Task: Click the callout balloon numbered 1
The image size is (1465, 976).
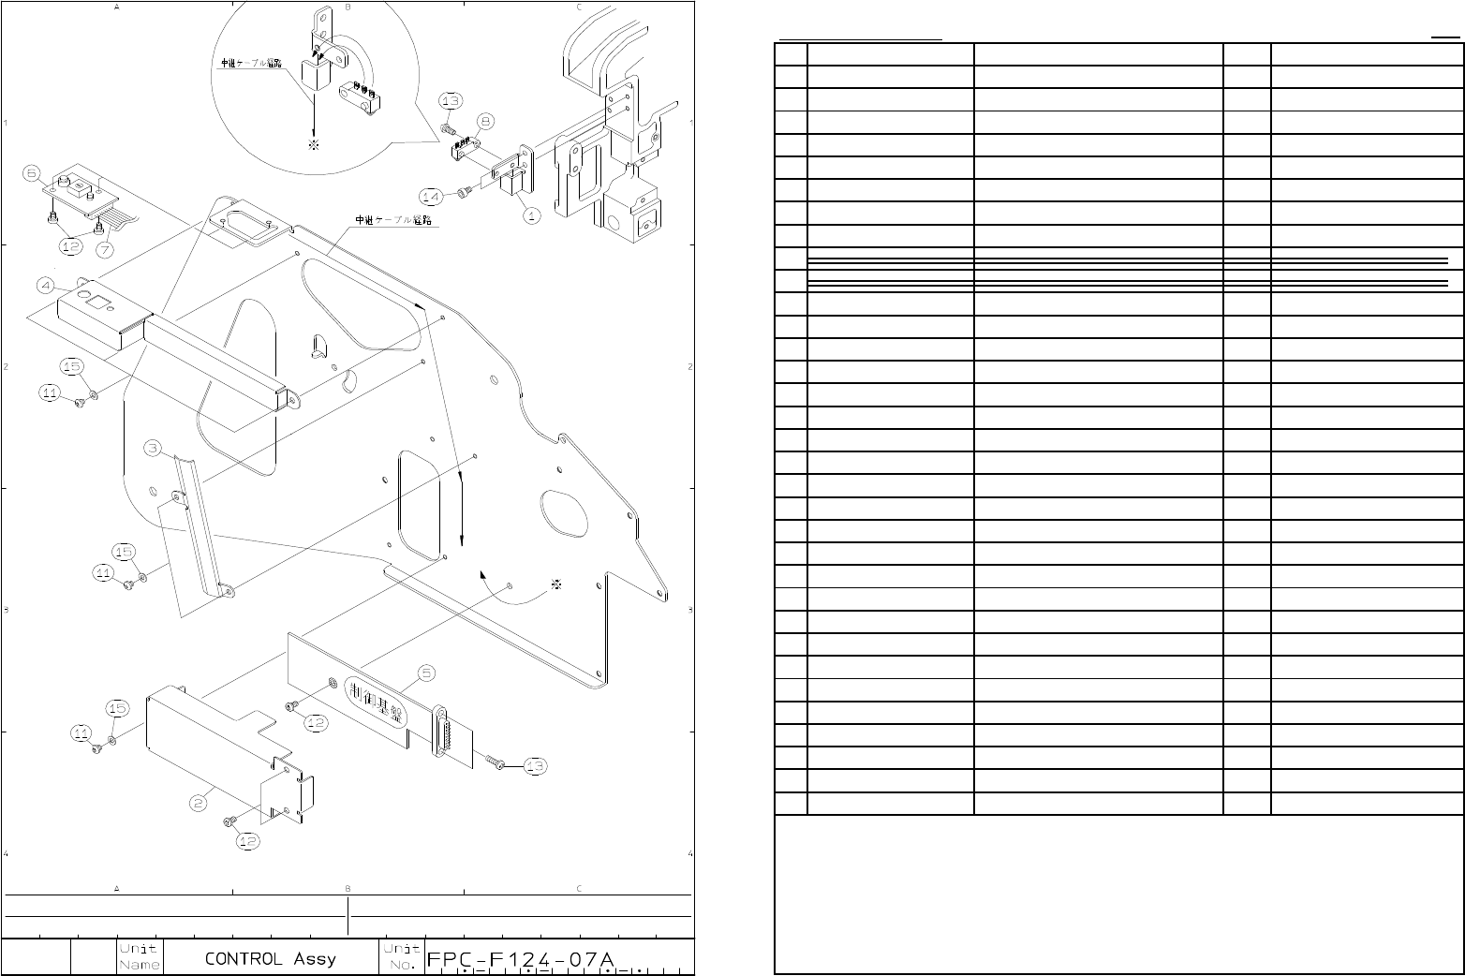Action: point(530,215)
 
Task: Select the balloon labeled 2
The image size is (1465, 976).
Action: point(198,803)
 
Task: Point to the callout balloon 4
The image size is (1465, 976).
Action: point(45,285)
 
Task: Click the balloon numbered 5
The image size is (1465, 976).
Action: point(426,673)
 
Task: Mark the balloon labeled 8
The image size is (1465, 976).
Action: point(485,121)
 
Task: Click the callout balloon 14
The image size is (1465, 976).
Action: point(431,197)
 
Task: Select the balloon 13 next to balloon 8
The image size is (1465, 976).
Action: point(451,100)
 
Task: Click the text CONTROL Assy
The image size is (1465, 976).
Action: point(271,959)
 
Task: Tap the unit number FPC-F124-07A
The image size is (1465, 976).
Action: point(521,960)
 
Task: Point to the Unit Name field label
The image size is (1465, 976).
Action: point(139,956)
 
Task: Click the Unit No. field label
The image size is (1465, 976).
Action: point(401,956)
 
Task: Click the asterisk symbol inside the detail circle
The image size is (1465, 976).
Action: point(314,145)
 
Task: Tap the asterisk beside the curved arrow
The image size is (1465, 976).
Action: point(557,584)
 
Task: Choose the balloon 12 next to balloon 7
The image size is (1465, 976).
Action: point(70,247)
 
